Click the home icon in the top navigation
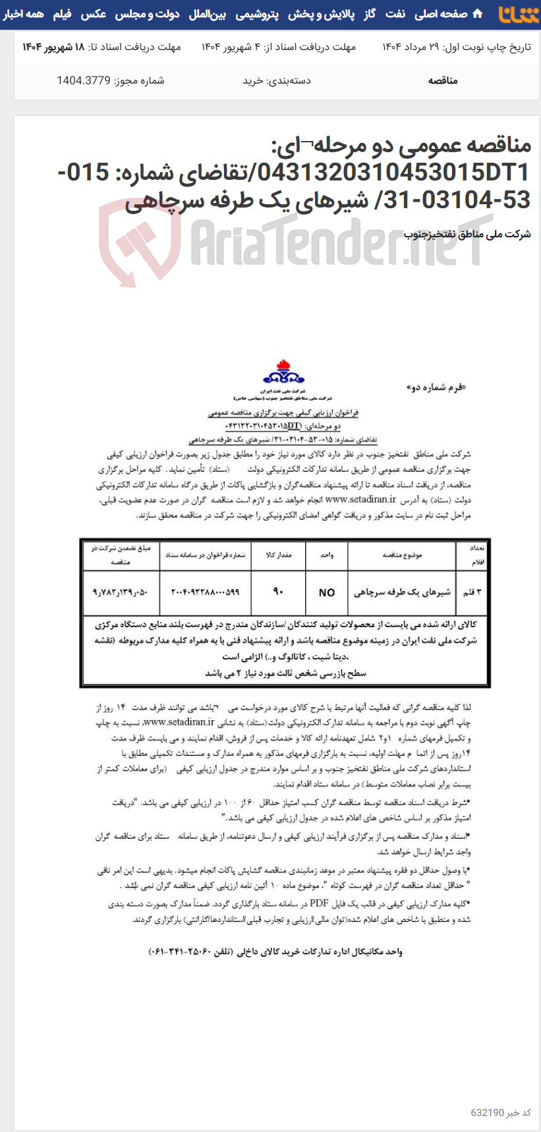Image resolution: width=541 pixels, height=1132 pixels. tap(478, 14)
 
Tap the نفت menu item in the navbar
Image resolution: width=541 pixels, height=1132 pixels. tap(395, 14)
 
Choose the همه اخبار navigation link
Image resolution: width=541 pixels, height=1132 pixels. tap(24, 14)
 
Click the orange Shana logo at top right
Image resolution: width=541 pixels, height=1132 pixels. tap(518, 14)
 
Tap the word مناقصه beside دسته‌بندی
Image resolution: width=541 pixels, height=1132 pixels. tap(443, 80)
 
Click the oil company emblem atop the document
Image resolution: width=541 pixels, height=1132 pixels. tap(283, 374)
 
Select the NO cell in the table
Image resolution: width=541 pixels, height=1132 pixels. tap(327, 592)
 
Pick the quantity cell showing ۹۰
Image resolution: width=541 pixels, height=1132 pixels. tap(278, 592)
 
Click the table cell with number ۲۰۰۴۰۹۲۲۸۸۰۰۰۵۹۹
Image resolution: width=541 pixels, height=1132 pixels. tap(205, 592)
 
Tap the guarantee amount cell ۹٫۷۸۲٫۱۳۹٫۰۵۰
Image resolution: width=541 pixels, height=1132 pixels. tap(121, 592)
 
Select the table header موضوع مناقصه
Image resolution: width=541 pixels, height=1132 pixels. tap(402, 555)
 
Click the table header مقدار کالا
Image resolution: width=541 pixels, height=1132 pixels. tap(278, 555)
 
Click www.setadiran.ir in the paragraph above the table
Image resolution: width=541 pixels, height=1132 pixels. tap(361, 499)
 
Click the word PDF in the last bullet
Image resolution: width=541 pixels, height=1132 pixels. tap(320, 903)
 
